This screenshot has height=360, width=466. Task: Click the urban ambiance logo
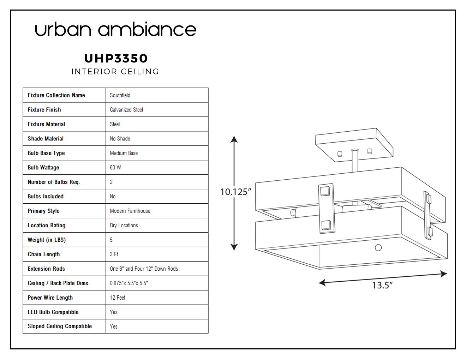click(x=115, y=29)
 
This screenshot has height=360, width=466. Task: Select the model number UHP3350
click(x=116, y=58)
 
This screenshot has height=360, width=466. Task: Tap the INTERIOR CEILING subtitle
click(x=115, y=71)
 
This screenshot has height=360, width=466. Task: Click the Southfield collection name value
click(x=120, y=95)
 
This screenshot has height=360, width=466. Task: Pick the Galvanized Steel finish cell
click(x=126, y=109)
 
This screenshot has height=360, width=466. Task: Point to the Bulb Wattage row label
click(x=43, y=167)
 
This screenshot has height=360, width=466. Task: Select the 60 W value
click(x=115, y=167)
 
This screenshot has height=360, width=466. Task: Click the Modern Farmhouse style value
click(x=130, y=211)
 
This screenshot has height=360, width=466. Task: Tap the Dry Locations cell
click(x=124, y=225)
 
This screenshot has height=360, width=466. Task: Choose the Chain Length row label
click(x=44, y=254)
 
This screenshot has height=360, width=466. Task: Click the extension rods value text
click(x=144, y=269)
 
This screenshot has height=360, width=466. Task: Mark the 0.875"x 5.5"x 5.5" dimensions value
click(x=129, y=283)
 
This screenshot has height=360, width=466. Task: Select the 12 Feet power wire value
click(x=118, y=298)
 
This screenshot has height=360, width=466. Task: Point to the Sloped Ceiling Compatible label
click(x=60, y=326)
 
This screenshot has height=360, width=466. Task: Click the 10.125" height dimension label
click(x=235, y=192)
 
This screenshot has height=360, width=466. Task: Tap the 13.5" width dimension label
click(x=382, y=285)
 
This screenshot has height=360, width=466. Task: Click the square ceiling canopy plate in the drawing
click(x=354, y=145)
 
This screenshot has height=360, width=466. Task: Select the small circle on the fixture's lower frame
click(x=378, y=248)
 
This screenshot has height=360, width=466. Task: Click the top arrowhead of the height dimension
click(x=234, y=139)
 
